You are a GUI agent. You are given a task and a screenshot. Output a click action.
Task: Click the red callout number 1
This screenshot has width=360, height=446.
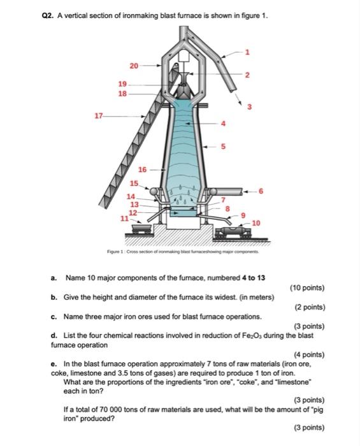click(x=247, y=52)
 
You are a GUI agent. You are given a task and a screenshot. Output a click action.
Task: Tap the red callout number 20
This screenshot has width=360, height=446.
click(x=134, y=66)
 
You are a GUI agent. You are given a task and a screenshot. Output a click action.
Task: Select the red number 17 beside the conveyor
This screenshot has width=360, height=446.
click(x=98, y=116)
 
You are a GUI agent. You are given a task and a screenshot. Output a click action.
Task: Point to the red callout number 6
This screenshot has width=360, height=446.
click(x=261, y=191)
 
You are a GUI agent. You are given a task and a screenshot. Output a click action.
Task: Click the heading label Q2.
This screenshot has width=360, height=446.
click(x=48, y=16)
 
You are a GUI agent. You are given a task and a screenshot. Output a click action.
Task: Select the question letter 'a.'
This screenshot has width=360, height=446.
click(x=54, y=278)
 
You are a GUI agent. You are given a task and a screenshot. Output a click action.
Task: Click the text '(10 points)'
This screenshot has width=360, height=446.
click(x=307, y=288)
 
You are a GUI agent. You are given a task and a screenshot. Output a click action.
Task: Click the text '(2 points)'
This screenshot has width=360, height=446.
click(x=310, y=307)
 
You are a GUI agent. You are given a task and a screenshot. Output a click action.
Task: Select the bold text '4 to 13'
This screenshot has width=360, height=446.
click(x=254, y=278)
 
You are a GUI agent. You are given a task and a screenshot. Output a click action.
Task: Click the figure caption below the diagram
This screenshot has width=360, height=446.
click(x=183, y=252)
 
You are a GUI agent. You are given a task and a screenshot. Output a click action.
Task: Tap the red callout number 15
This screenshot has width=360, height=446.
click(x=134, y=183)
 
